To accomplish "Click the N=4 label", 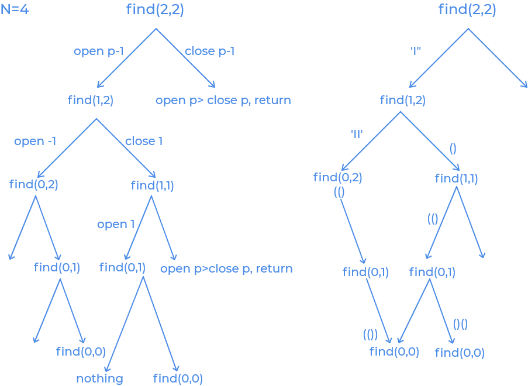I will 15,10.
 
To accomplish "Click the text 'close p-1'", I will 210,51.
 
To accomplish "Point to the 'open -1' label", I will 35,142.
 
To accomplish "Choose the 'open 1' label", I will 116,225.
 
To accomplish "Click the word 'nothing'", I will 99,378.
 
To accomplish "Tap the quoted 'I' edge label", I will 415,51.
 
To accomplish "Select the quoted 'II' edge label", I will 357,134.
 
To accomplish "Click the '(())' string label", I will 370,335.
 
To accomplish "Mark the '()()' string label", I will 460,324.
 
